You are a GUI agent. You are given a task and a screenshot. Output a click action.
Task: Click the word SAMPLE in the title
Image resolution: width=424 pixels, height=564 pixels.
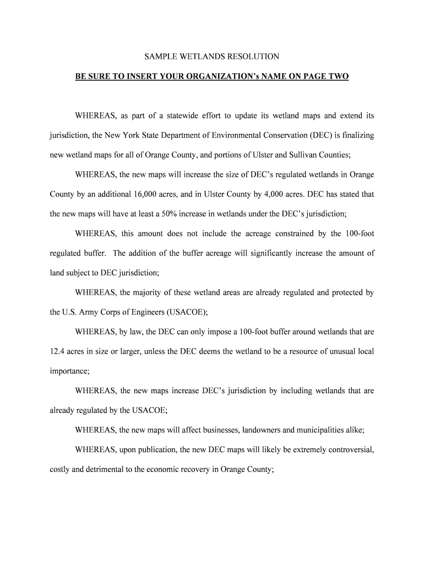(159, 57)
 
